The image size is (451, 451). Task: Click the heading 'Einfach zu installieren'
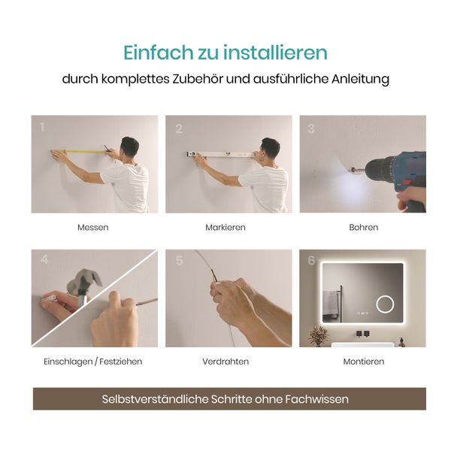pos(225,53)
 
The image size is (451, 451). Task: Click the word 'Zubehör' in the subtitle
pos(214,79)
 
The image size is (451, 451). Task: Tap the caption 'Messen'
pos(92,227)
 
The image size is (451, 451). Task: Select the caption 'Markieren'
pos(225,227)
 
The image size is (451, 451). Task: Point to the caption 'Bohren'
pos(363,227)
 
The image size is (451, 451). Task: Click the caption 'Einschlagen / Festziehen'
pos(93,362)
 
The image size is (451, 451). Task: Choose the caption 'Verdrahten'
pos(225,362)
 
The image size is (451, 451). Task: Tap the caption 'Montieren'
pos(363,362)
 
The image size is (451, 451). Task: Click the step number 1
pos(42,128)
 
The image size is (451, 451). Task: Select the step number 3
pos(310,129)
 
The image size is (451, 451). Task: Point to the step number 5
pos(179,261)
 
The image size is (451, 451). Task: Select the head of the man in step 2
pos(270,148)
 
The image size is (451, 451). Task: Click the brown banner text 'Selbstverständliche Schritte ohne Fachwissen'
pos(225,399)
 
